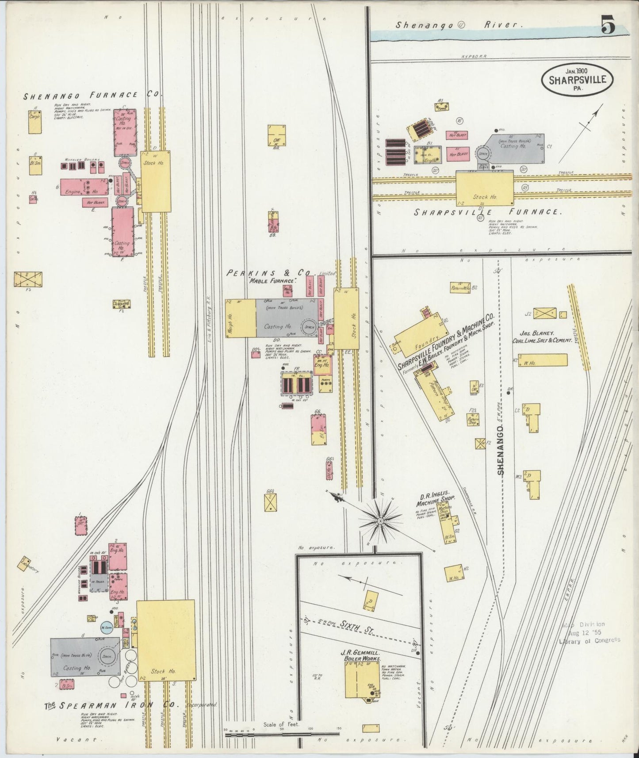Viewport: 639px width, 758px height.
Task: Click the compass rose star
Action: (379, 521)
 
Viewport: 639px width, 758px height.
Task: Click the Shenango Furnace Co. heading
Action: (93, 95)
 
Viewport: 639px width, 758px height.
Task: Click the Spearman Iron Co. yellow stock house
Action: (166, 640)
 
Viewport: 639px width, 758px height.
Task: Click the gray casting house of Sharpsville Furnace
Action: (515, 149)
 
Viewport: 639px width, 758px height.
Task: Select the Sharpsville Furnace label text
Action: (488, 212)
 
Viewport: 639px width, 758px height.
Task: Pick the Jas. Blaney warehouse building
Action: (542, 360)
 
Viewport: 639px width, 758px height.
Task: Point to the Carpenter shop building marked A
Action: (35, 122)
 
